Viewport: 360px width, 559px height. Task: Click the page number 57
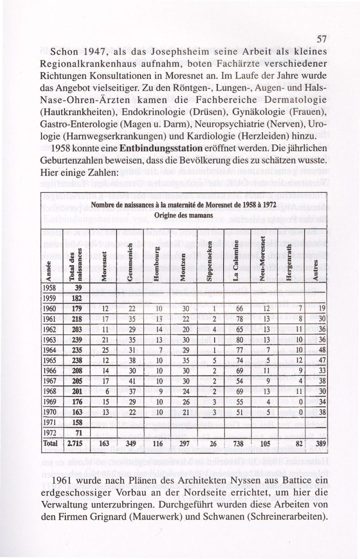321,40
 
